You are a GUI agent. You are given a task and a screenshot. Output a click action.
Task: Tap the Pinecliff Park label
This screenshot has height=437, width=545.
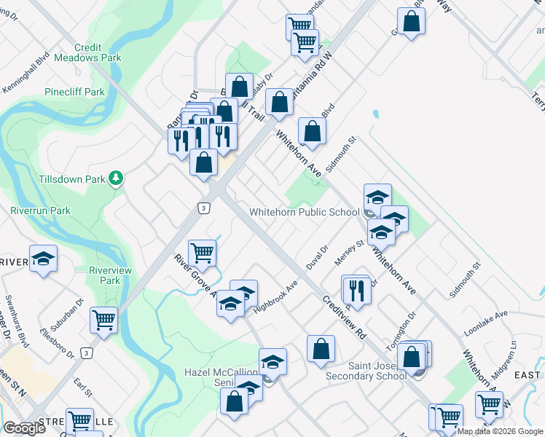pos(75,92)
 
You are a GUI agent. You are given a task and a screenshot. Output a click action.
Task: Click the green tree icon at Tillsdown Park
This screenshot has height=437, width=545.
pos(115,178)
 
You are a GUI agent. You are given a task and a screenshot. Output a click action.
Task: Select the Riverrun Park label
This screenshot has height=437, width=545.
pos(40,210)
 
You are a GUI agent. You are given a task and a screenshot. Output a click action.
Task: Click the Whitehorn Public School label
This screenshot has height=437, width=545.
pos(304,212)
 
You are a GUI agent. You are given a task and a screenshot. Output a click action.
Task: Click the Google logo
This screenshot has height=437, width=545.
pos(24,428)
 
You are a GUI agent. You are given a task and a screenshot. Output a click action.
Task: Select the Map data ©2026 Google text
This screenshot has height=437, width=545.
pos(501,431)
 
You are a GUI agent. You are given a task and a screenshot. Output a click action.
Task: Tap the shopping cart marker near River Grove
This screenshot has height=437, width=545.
pos(202,253)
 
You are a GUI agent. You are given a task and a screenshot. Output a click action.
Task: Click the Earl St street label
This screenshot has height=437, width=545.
pos(82,387)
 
